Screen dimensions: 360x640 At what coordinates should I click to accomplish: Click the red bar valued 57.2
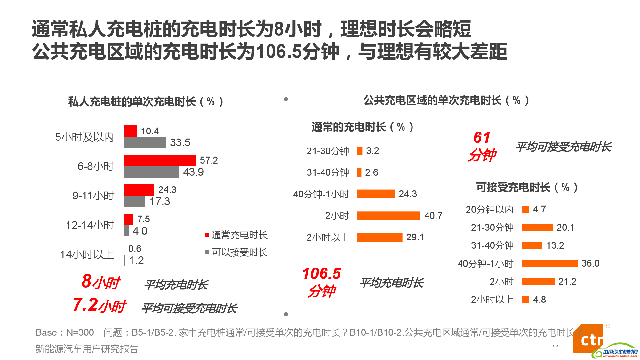pos(159,160)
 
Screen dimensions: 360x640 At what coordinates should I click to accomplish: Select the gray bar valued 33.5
pos(145,142)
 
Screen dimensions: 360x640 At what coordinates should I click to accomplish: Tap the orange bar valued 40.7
pos(388,216)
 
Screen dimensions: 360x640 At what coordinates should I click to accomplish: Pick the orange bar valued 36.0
pos(549,263)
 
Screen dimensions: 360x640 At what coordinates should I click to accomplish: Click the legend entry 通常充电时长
pos(236,235)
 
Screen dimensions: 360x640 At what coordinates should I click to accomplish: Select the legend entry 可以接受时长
pos(236,252)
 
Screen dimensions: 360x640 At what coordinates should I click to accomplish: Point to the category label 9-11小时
pos(93,196)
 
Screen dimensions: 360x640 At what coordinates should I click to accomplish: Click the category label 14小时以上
pos(87,254)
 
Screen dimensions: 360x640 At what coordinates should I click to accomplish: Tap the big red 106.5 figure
pos(321,274)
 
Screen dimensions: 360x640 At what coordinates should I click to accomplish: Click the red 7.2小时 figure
pos(99,305)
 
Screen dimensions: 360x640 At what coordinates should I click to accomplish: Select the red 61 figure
pos(482,138)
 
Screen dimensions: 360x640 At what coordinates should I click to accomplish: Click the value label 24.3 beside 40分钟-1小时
pos(408,194)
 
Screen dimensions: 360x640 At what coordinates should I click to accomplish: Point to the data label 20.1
pos(565,228)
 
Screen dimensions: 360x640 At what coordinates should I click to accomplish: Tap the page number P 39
pos(556,347)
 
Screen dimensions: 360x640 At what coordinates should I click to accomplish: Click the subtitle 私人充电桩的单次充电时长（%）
pos(146,102)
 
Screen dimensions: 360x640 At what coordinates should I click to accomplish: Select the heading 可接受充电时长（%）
pos(527,187)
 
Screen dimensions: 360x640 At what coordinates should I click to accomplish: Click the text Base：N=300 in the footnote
pos(65,332)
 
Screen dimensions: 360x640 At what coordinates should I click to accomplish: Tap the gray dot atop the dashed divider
pos(286,99)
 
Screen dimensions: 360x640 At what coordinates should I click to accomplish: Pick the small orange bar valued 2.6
pos(359,172)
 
